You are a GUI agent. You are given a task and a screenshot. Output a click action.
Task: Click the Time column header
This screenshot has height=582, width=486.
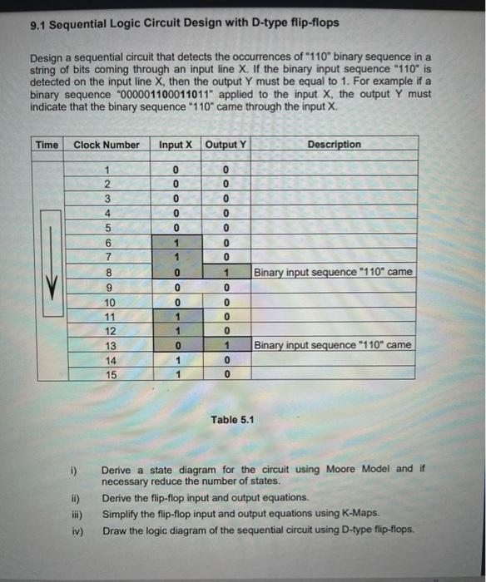coord(47,145)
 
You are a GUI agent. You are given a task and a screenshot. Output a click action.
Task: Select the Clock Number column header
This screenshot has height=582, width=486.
coord(107,145)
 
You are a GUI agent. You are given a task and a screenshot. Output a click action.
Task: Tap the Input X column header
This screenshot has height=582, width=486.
coord(176,145)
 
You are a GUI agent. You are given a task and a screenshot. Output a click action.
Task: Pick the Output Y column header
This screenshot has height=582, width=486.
coord(225,145)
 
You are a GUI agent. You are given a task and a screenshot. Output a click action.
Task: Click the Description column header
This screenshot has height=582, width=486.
coord(333,145)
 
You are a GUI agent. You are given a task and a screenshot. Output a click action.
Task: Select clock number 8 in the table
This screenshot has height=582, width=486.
coord(107,272)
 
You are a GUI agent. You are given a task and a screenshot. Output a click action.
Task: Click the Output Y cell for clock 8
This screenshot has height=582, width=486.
coord(226,272)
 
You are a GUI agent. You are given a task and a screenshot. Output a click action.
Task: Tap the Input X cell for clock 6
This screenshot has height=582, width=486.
coord(176,243)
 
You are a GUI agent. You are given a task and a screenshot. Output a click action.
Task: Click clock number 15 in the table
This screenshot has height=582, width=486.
coord(109,374)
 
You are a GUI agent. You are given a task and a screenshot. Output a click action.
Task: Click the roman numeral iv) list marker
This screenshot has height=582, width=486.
coord(75,530)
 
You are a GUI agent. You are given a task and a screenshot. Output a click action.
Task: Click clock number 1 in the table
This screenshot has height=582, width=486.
coord(107,170)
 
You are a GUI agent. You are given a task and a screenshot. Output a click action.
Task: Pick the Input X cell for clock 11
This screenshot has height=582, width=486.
coord(176,316)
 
